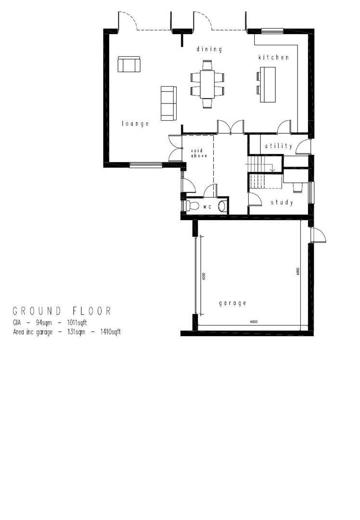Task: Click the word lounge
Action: tap(135, 124)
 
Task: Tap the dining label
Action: tap(209, 49)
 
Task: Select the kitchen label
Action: tap(274, 57)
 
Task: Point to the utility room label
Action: tap(279, 146)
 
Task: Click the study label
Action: tap(282, 203)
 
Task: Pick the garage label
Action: tap(233, 303)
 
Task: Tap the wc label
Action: tap(207, 207)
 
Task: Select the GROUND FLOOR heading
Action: tap(62, 311)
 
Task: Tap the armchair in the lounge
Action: tap(129, 64)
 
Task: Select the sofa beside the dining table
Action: tap(168, 104)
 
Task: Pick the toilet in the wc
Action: tap(192, 206)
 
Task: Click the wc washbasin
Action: tap(222, 207)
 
